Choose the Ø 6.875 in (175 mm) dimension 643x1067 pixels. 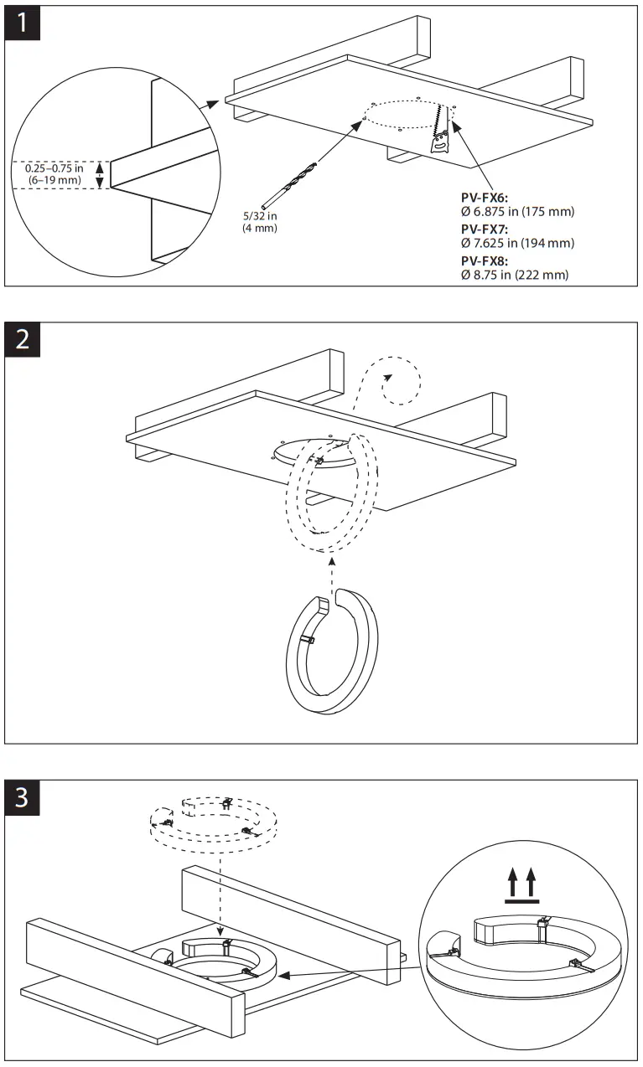coord(517,212)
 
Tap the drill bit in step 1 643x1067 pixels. coord(289,182)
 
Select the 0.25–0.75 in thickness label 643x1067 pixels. coord(54,174)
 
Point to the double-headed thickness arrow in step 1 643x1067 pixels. coord(101,175)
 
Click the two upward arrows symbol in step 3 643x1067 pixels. coord(521,884)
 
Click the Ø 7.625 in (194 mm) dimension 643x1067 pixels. coord(517,243)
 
